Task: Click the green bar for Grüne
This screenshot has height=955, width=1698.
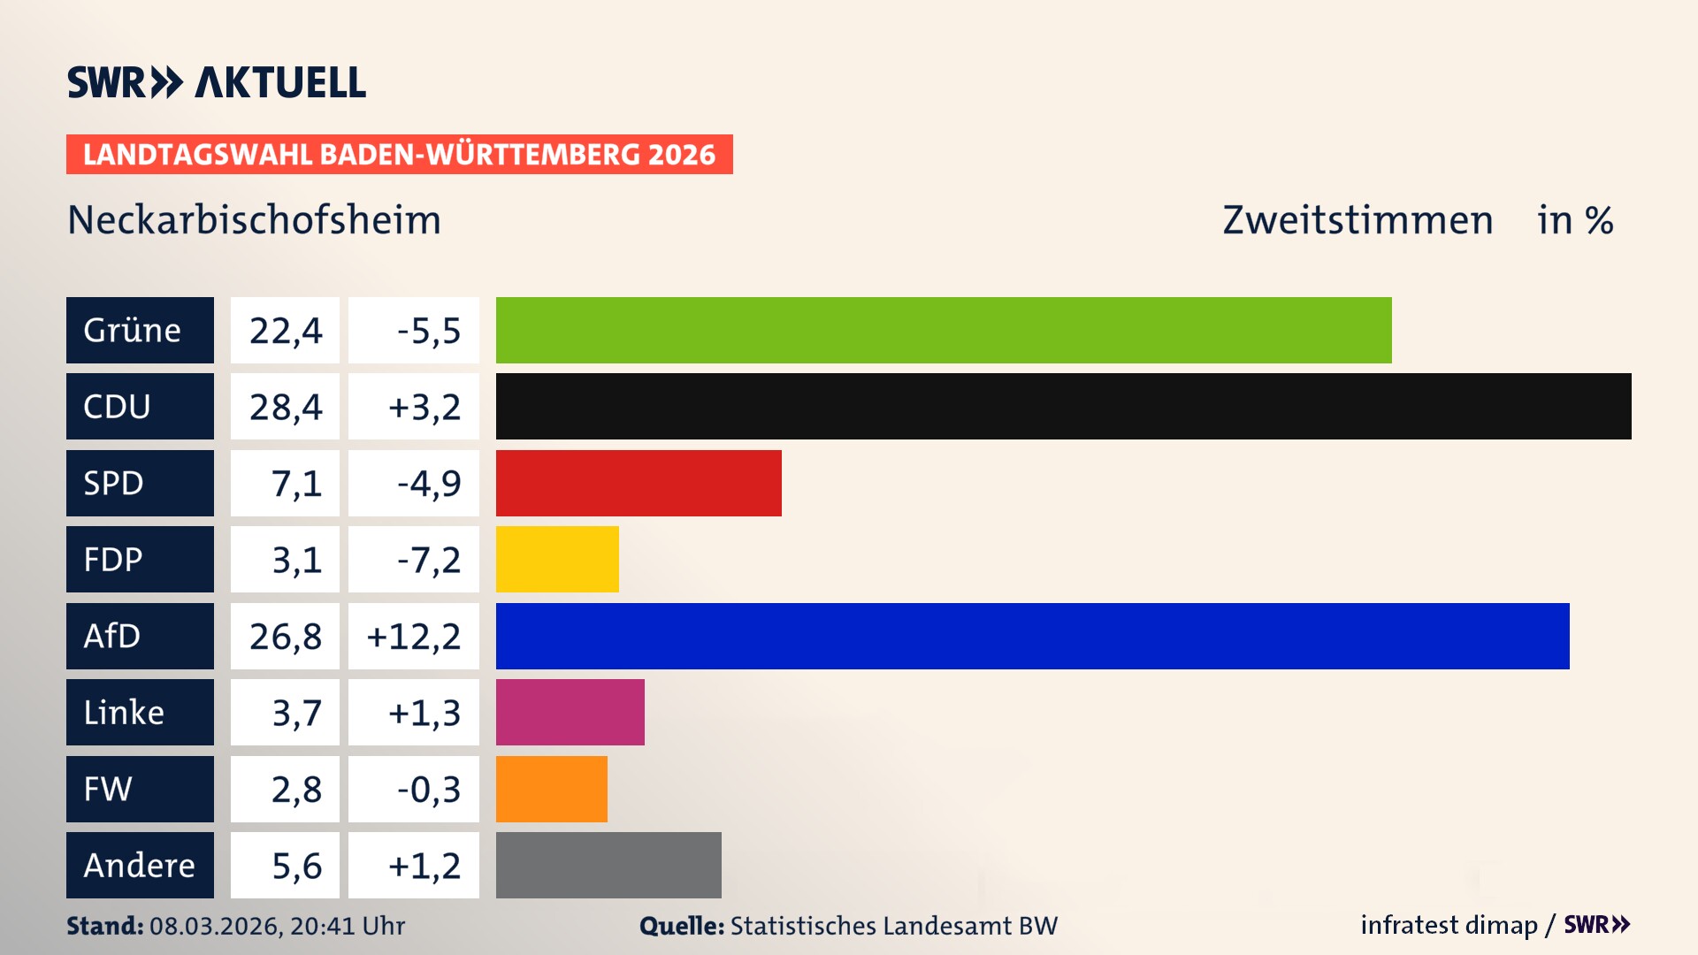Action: click(x=943, y=330)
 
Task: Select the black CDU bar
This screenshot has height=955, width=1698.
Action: click(x=1063, y=407)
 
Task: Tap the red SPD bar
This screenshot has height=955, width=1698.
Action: click(x=639, y=483)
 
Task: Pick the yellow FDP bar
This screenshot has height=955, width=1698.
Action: click(x=557, y=559)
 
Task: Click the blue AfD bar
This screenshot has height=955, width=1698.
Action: click(x=1032, y=636)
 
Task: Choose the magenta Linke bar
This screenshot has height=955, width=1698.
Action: click(x=570, y=712)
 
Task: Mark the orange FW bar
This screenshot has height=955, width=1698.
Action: click(x=551, y=789)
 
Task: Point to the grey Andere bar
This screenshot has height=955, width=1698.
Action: click(x=608, y=865)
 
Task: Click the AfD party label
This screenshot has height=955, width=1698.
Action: click(x=140, y=636)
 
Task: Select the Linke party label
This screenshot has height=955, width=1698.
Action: click(x=140, y=712)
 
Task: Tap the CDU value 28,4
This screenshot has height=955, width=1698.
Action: click(x=285, y=407)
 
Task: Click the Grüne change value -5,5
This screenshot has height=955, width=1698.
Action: click(x=414, y=331)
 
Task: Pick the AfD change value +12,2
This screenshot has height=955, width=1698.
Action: click(x=414, y=637)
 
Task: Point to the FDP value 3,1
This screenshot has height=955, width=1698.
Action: click(x=285, y=560)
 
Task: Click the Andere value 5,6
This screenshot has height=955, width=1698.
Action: click(x=285, y=866)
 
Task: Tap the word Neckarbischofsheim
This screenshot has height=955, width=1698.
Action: click(x=254, y=220)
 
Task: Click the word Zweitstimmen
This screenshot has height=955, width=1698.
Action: click(x=1358, y=220)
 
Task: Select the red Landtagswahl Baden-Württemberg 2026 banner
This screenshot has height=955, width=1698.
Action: click(x=399, y=155)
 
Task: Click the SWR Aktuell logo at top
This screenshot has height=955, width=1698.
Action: click(x=217, y=82)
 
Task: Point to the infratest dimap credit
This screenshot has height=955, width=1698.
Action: click(x=1449, y=925)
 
